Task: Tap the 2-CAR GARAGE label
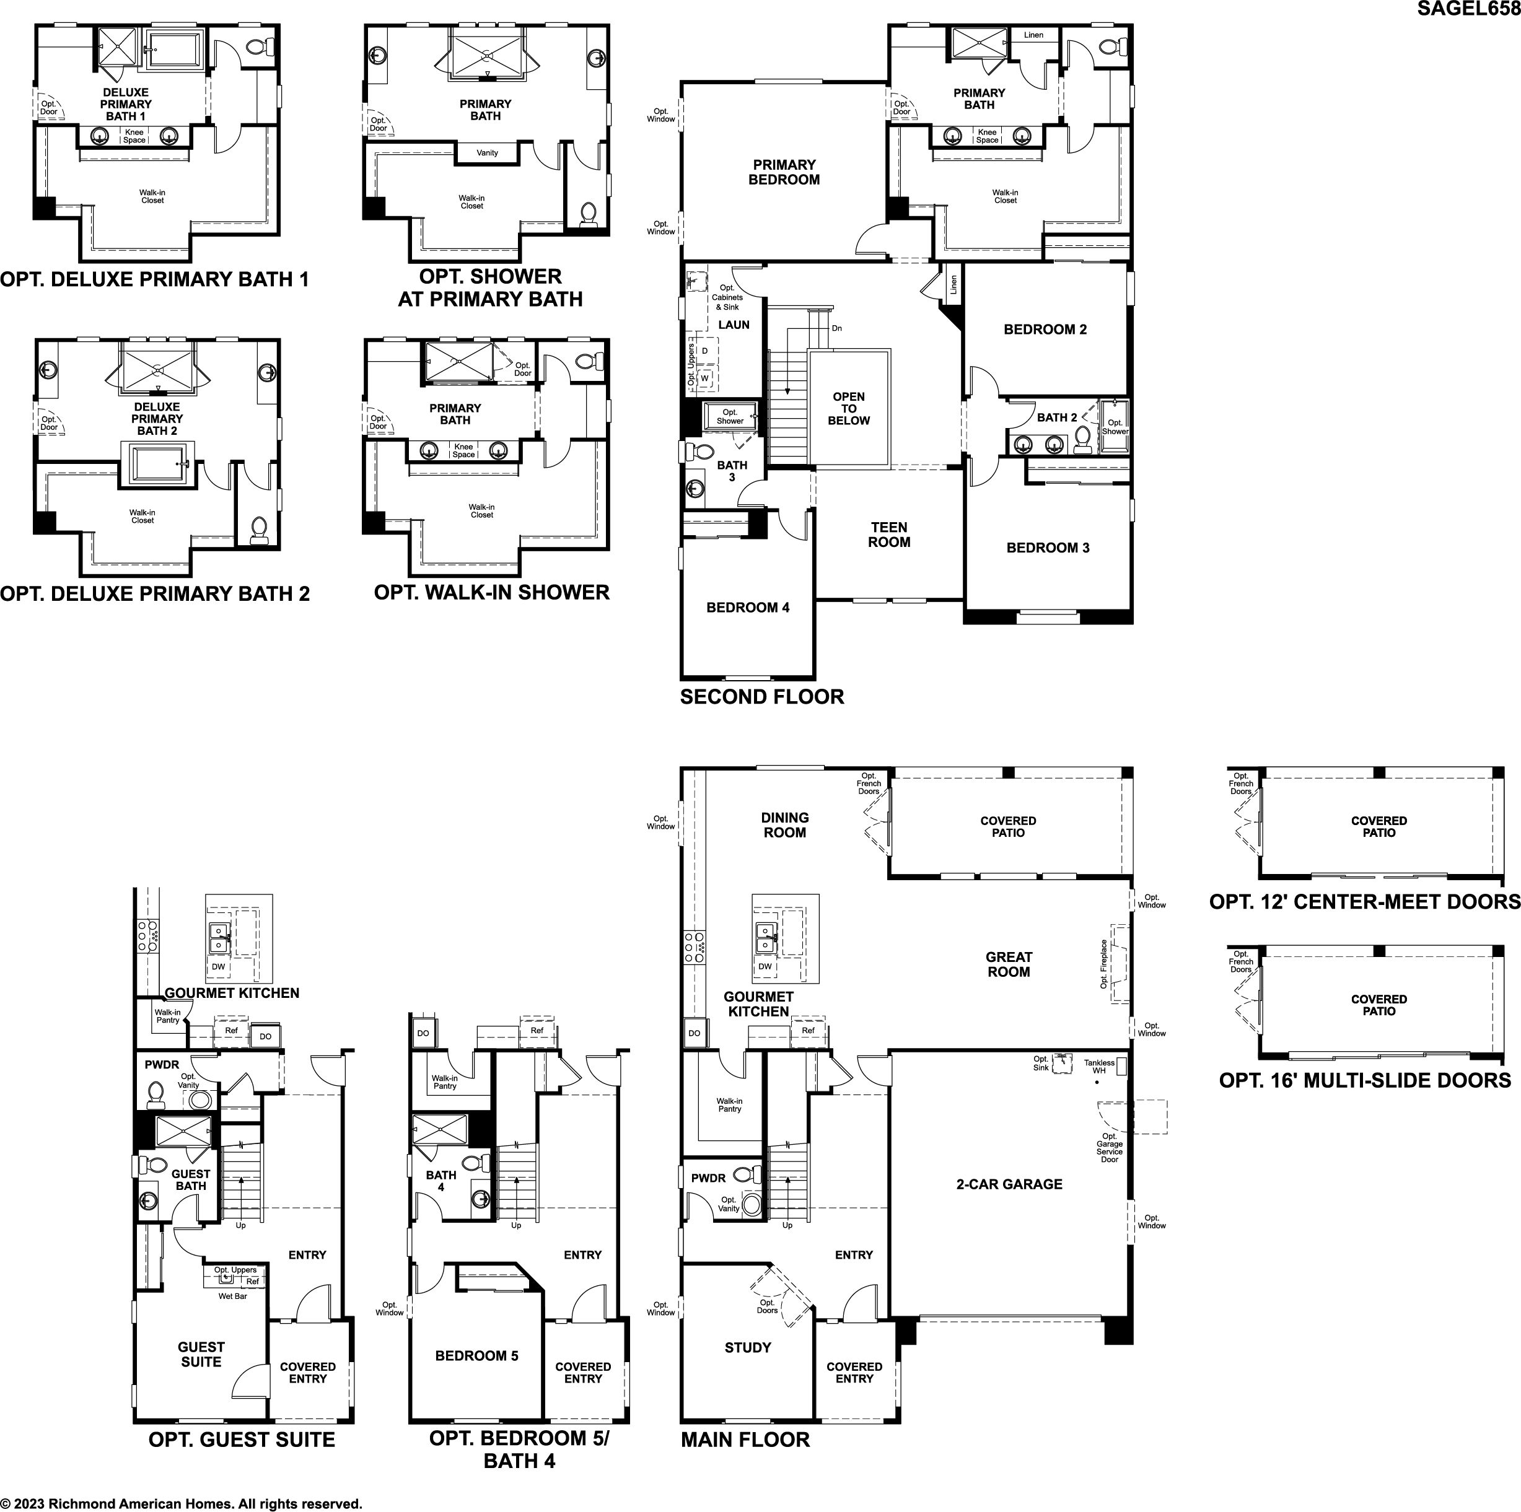(x=1009, y=1184)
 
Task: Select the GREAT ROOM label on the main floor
(x=1009, y=964)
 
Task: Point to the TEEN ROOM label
(x=889, y=535)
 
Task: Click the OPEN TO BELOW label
(x=849, y=408)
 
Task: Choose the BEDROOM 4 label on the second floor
(x=748, y=607)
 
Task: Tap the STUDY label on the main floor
(x=748, y=1347)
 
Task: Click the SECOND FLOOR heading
(x=762, y=697)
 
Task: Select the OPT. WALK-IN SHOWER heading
(x=492, y=592)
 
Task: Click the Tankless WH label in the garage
(x=1099, y=1067)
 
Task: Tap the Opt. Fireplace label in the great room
(x=1104, y=964)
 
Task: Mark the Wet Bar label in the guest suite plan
(x=233, y=1296)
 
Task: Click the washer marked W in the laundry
(x=704, y=378)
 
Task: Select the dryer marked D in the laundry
(x=704, y=350)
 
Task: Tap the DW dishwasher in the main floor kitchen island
(x=765, y=966)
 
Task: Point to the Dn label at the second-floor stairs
(x=837, y=328)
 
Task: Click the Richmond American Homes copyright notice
(x=181, y=1503)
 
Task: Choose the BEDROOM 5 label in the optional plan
(x=477, y=1355)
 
